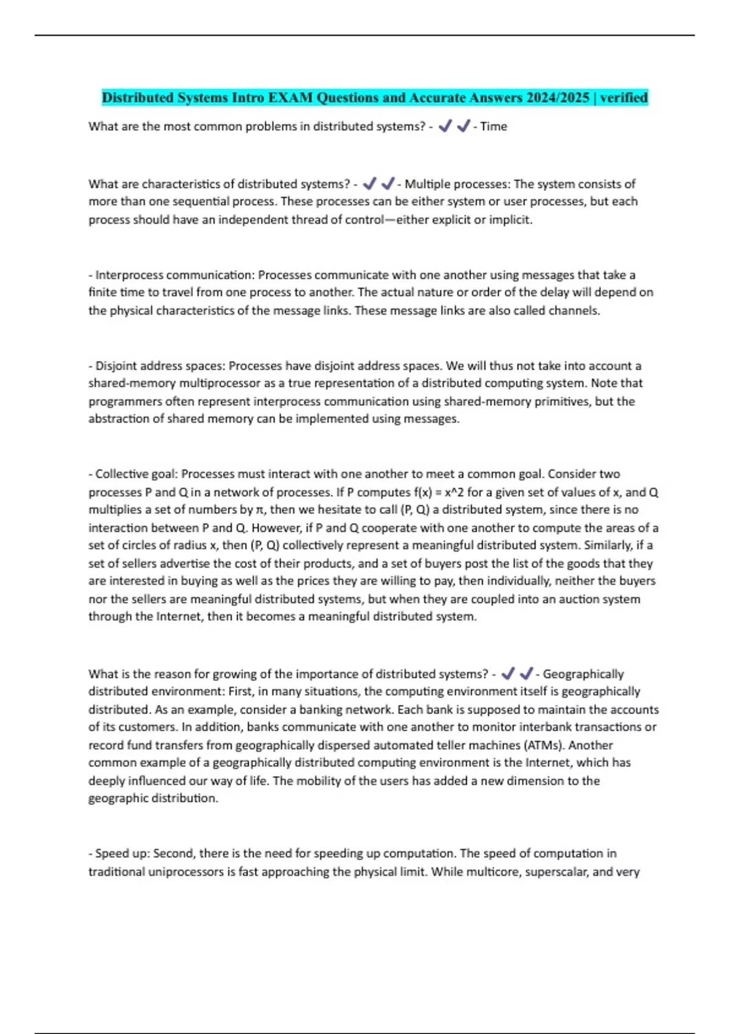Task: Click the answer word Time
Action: coord(493,127)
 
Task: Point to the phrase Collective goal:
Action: coord(136,474)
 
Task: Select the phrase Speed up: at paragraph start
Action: coord(122,853)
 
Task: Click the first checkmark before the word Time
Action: coord(445,127)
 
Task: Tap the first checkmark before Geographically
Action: coord(508,674)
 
